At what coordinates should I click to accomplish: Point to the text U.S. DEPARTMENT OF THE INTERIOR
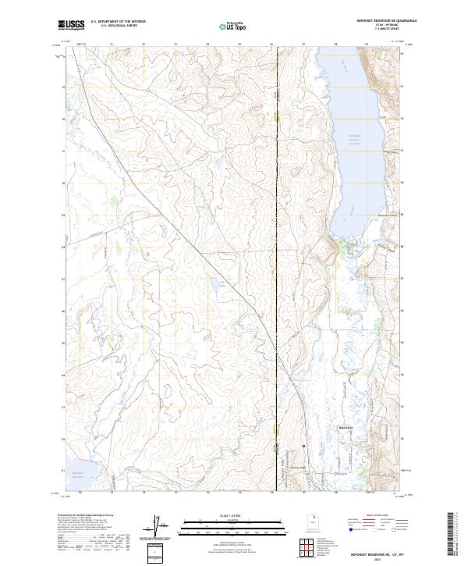pyautogui.click(x=118, y=22)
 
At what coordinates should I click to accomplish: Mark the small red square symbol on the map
pyautogui.click(x=304, y=447)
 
